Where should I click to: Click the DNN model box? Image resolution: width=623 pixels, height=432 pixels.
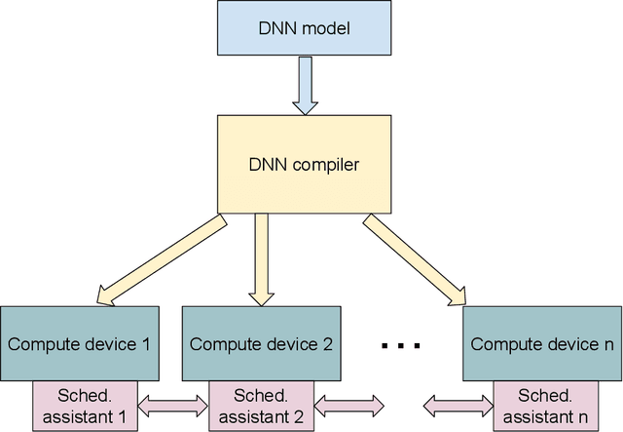[304, 28]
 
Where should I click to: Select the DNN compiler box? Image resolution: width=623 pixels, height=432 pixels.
[304, 164]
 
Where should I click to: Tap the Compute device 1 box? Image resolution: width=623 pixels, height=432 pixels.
[79, 343]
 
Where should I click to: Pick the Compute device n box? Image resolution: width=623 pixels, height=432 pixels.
[540, 343]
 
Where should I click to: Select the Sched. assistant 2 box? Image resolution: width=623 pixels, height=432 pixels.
[260, 406]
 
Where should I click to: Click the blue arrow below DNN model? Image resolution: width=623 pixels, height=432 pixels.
[304, 84]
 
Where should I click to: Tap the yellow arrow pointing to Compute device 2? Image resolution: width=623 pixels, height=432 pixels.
[260, 258]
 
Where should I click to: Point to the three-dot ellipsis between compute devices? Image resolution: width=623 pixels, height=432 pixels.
[399, 345]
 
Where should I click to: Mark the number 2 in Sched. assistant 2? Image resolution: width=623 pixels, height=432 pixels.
[299, 416]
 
